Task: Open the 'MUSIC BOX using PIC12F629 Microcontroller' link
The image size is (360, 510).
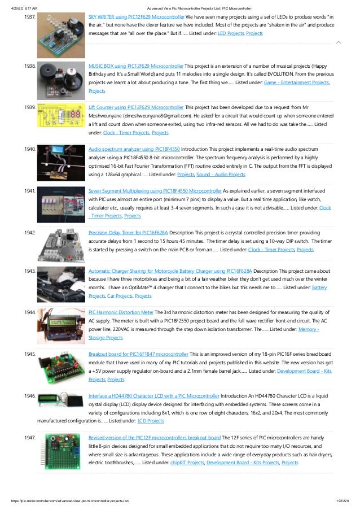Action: pyautogui.click(x=136, y=66)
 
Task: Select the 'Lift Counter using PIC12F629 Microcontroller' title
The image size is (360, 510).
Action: pyautogui.click(x=136, y=107)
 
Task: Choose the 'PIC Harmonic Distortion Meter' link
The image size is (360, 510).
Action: pyautogui.click(x=121, y=312)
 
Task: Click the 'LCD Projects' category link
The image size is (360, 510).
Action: pyautogui.click(x=151, y=421)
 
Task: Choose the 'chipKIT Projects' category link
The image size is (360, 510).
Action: pyautogui.click(x=186, y=463)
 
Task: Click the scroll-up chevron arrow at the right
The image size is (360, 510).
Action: pyautogui.click(x=338, y=42)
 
